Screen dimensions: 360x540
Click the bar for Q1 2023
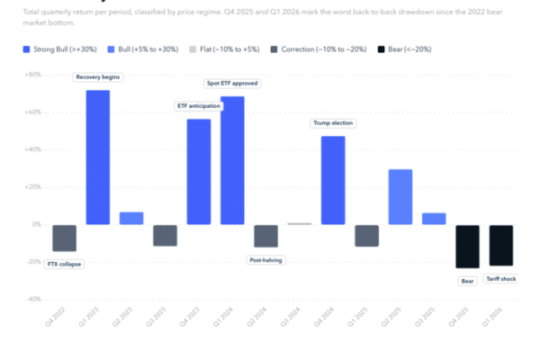(x=98, y=157)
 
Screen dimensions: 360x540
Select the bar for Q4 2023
(x=199, y=172)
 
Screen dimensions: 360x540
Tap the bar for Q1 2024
(x=232, y=160)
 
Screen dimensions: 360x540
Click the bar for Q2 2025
(x=400, y=196)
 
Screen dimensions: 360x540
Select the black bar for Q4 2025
(x=467, y=246)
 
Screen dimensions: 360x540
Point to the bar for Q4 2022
(x=64, y=238)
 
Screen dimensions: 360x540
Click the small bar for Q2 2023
(x=131, y=218)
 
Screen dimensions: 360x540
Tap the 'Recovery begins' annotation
(x=98, y=77)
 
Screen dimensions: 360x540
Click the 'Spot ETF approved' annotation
(x=232, y=84)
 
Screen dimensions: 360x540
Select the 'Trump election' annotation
(x=333, y=123)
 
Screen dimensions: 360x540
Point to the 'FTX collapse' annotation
(x=64, y=264)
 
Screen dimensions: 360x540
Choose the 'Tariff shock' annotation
(x=501, y=278)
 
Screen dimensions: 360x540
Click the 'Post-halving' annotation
(x=265, y=261)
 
